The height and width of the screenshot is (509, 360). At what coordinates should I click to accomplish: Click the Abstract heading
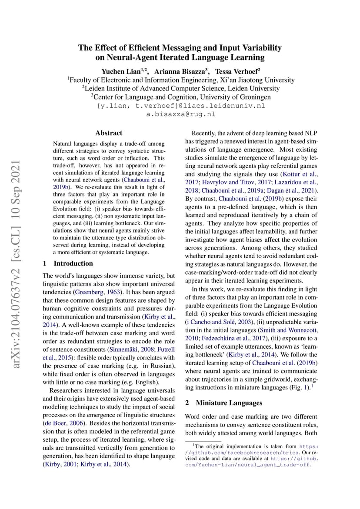coord(109,133)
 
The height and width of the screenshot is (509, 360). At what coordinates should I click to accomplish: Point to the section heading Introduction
coord(73,263)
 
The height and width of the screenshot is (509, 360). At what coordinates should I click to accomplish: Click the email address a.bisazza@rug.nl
coord(180,114)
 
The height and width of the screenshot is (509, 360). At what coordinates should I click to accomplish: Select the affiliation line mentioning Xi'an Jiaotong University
coord(181,80)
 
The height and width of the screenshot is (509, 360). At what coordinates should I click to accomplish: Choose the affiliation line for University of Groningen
coord(181,97)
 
